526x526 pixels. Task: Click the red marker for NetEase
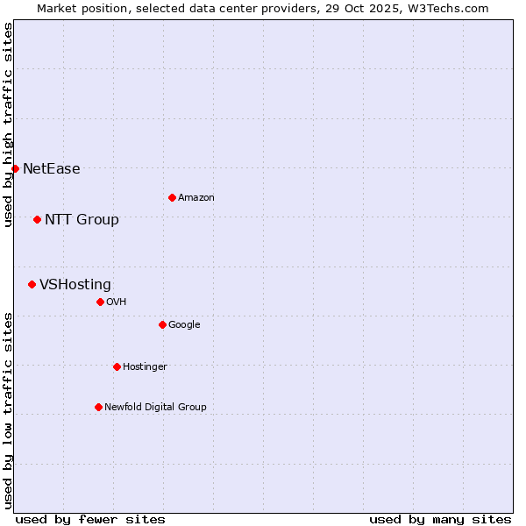(15, 168)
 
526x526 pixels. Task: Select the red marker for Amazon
(172, 197)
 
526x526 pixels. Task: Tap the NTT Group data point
(37, 219)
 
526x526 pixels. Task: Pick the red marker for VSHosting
(32, 284)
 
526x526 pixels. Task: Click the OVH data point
(100, 302)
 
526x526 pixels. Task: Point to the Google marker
(162, 324)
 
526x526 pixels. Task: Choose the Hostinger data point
(117, 366)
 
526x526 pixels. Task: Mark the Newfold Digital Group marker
(98, 407)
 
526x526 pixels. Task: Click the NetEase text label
(51, 169)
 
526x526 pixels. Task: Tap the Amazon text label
(196, 198)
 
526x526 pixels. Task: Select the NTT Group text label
(82, 220)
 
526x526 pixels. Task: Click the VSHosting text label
(75, 285)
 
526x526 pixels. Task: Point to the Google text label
(184, 325)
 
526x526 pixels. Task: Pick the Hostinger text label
(145, 367)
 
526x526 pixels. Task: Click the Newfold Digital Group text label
(155, 408)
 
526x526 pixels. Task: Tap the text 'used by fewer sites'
(90, 519)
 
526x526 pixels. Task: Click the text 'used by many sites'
(440, 519)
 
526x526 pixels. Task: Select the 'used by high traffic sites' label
(8, 124)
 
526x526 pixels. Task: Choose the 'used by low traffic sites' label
(8, 410)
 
